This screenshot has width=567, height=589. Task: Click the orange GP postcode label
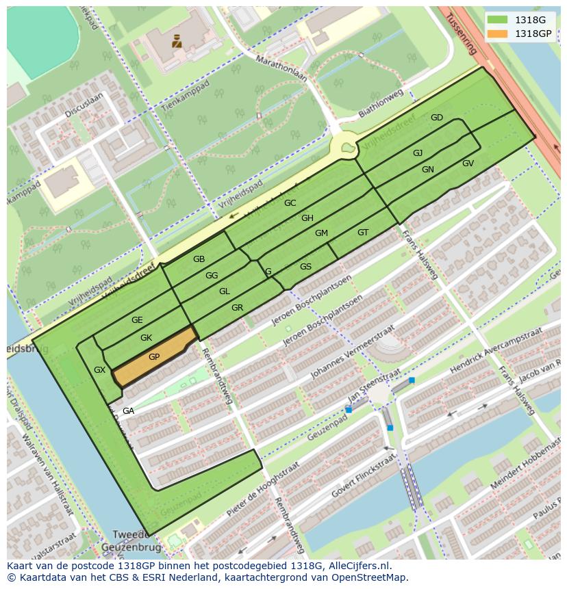tap(154, 357)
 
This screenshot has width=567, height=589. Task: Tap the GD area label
tap(437, 118)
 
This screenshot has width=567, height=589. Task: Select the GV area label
tap(468, 163)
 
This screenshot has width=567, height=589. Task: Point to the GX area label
tap(100, 370)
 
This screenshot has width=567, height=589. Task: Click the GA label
tap(128, 411)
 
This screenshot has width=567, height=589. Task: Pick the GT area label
tap(363, 233)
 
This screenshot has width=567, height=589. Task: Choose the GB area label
tap(199, 259)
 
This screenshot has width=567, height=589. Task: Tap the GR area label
tap(237, 308)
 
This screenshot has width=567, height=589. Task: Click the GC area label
tap(290, 203)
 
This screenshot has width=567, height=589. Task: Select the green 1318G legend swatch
tap(498, 20)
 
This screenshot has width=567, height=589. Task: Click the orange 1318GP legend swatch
tap(498, 34)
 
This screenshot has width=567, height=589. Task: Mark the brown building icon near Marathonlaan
tap(177, 41)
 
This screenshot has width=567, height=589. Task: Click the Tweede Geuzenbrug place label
tap(131, 541)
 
